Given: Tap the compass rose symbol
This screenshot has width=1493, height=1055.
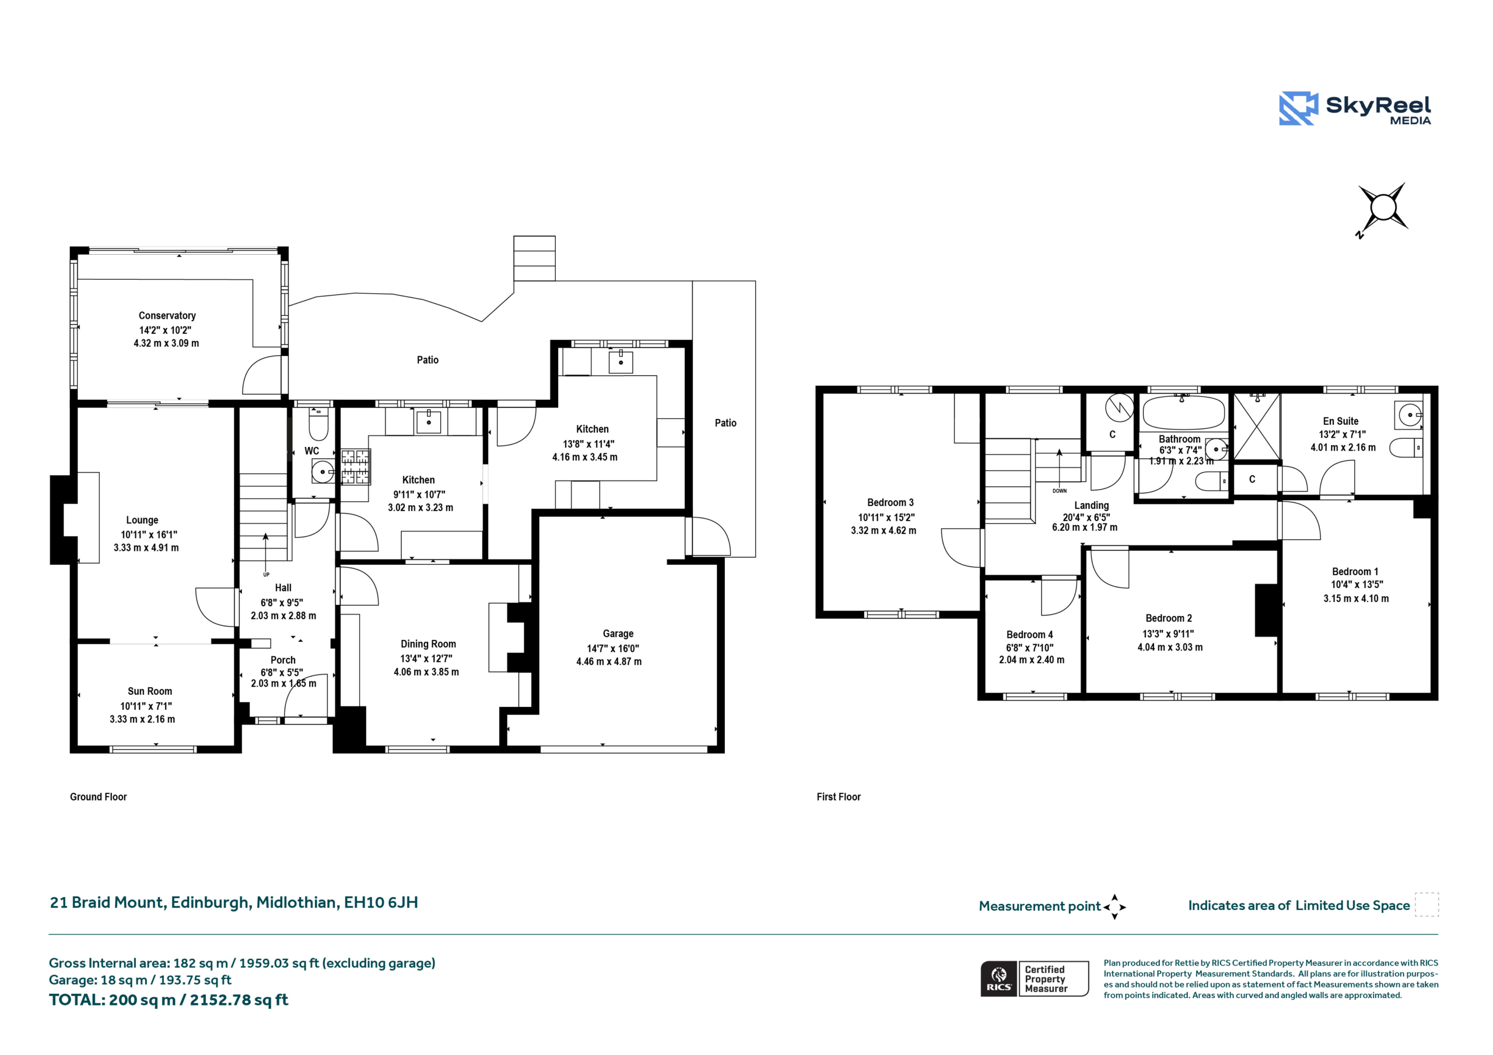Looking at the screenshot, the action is [x=1383, y=209].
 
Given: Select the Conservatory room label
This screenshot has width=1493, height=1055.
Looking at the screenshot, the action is [x=167, y=316].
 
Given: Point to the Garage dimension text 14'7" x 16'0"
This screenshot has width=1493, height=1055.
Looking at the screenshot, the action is [x=613, y=648].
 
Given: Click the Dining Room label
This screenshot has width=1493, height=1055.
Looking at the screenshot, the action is [x=428, y=644].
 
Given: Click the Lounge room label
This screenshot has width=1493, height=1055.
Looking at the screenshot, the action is [x=142, y=520].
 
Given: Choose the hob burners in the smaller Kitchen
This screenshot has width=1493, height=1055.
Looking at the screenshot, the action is [x=355, y=467].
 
